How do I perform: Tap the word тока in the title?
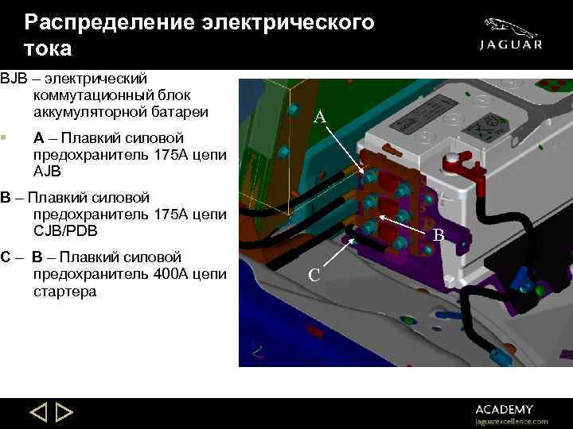pyautogui.click(x=48, y=48)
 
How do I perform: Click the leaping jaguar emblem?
pyautogui.click(x=510, y=25)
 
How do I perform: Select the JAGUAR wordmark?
pyautogui.click(x=511, y=45)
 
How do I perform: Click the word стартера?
pyautogui.click(x=65, y=292)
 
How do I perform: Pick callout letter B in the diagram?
pyautogui.click(x=439, y=235)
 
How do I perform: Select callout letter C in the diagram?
pyautogui.click(x=314, y=275)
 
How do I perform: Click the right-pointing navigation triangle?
pyautogui.click(x=64, y=413)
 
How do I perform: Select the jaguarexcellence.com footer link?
pyautogui.click(x=511, y=421)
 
